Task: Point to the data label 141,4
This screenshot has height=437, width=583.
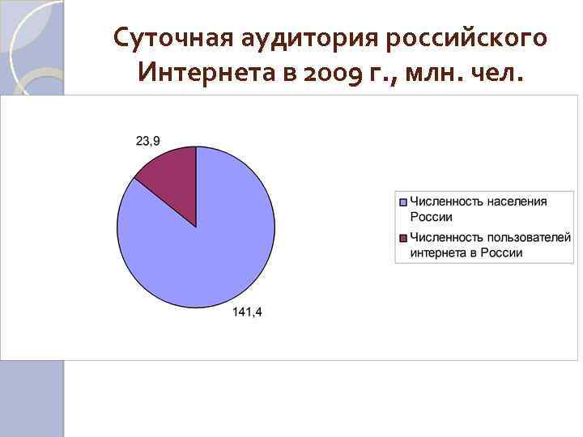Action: click(247, 313)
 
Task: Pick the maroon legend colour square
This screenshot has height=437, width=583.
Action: click(402, 237)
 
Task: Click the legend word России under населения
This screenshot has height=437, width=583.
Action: click(431, 216)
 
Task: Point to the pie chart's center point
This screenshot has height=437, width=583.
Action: click(196, 227)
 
